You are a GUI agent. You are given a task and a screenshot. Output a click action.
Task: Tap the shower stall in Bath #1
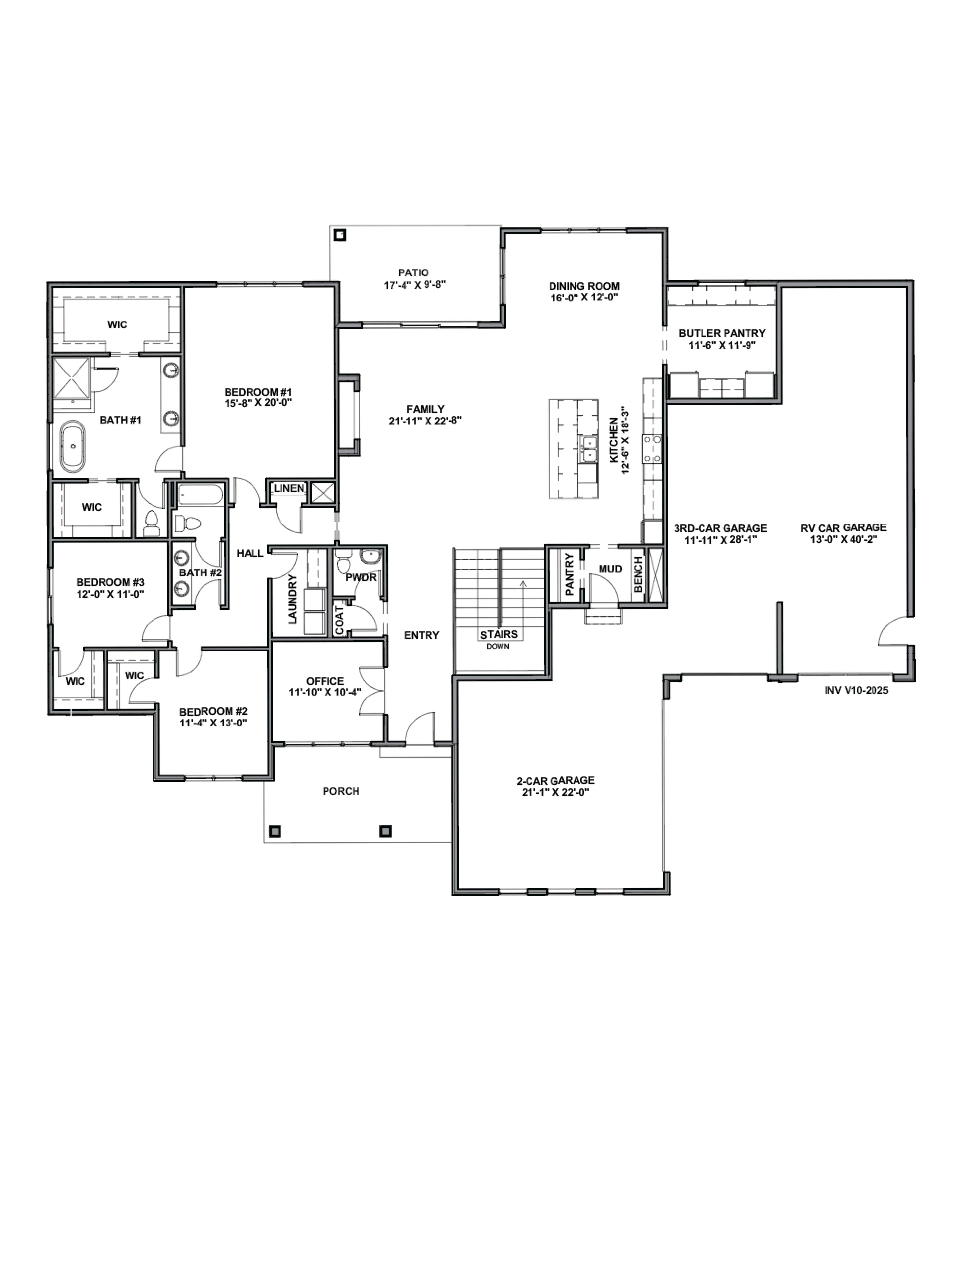[72, 378]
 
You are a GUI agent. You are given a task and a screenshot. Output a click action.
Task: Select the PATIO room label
[414, 272]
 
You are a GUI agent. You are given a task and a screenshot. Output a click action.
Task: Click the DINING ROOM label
[584, 286]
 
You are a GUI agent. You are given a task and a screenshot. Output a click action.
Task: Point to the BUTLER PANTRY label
[722, 333]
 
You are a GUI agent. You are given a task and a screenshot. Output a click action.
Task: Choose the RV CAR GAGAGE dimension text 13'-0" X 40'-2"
[843, 539]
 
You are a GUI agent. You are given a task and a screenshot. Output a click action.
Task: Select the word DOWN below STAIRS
[498, 646]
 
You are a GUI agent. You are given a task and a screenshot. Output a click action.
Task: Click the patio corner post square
[340, 235]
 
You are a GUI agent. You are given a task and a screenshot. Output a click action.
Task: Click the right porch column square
[385, 831]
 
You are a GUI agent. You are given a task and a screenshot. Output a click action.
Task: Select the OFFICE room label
[325, 681]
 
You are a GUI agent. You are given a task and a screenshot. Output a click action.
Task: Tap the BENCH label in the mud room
[638, 574]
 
